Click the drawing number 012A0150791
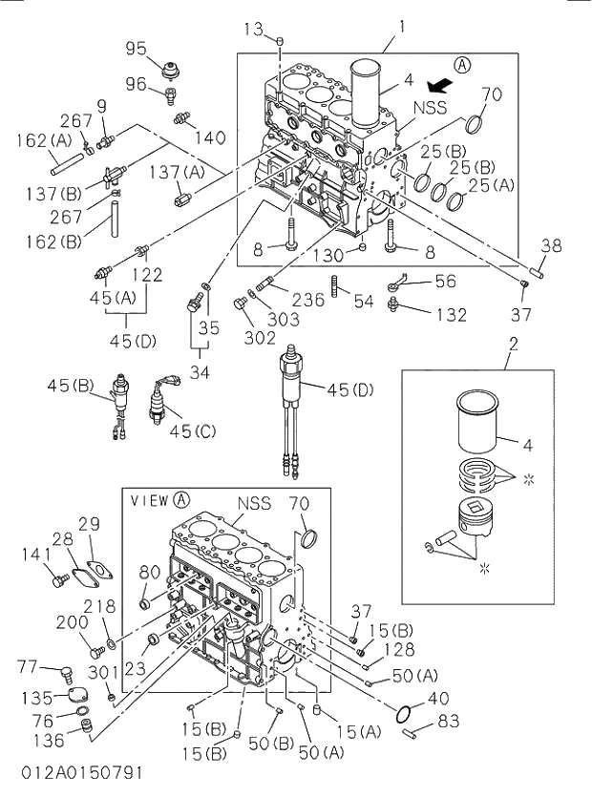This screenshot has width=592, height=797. [82, 773]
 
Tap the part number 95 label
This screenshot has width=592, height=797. [137, 49]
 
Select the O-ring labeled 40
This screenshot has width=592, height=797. [404, 714]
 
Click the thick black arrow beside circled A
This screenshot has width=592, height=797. [439, 86]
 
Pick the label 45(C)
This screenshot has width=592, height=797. [193, 431]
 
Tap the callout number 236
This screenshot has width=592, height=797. [307, 299]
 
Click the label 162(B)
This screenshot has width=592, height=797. [54, 241]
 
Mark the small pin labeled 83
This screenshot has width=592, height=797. [409, 732]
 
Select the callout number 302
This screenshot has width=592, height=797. [260, 338]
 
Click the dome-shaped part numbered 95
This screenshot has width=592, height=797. [171, 70]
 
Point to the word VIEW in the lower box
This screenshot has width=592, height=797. [149, 501]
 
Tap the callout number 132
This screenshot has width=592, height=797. [451, 315]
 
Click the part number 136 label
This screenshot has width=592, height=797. [50, 740]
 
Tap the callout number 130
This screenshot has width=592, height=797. [328, 255]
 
